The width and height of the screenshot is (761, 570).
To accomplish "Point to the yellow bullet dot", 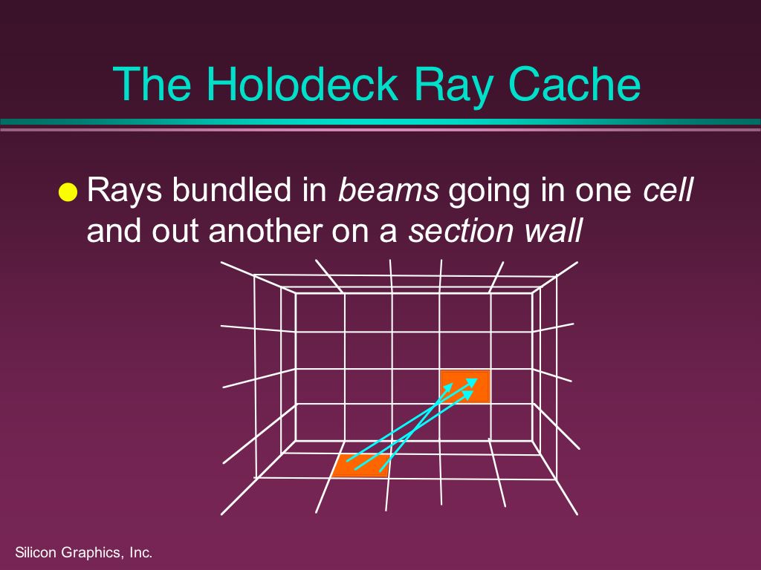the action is coord(68,192).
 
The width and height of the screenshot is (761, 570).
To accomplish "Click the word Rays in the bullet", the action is coord(124,191).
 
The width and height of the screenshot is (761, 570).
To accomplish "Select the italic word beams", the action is coord(388,189).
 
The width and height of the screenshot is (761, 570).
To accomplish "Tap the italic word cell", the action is coord(668,189).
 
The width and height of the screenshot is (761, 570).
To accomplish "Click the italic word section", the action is coord(461,231).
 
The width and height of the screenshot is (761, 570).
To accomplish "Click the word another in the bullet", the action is coord(265,231).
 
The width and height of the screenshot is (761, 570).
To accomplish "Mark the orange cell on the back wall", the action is coord(465,386).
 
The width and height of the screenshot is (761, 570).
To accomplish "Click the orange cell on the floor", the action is coord(360,465).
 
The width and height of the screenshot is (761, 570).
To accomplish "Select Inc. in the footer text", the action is coord(140,552).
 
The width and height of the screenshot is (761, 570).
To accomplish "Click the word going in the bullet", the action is coord(490,191).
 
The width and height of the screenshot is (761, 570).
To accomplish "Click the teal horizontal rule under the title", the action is coord(380,122).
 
